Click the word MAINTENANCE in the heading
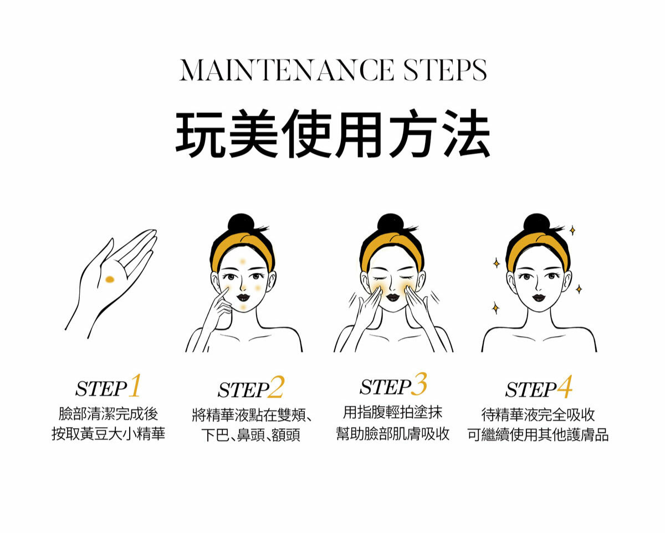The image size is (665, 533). point(287,70)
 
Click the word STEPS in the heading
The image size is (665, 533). point(446,70)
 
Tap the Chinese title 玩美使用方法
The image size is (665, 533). point(333,134)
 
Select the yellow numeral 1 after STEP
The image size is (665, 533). point(135,385)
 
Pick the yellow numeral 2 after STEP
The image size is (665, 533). point(275,387)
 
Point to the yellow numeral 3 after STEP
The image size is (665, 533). point(420,384)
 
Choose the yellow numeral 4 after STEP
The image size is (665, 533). point(564,387)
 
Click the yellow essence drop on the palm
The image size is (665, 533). point(110,280)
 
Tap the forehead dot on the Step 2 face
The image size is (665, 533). point(243,262)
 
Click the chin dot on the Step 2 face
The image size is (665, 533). point(243,307)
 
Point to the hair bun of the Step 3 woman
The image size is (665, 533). point(390,223)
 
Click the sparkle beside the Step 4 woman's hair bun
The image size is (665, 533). point(572,231)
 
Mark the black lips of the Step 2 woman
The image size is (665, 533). point(243,297)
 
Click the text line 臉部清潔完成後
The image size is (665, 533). point(108,414)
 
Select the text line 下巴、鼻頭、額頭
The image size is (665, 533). point(250,435)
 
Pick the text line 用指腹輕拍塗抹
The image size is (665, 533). point(393,412)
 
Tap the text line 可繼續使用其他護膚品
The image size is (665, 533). point(538,435)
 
